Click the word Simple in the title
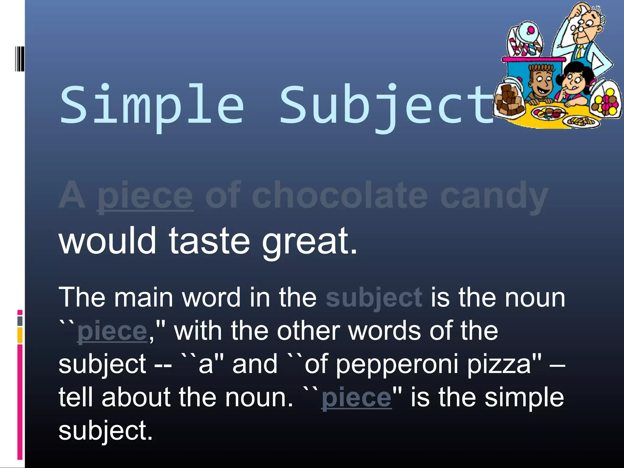[x=151, y=105]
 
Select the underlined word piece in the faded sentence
[x=145, y=196]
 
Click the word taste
[x=209, y=241]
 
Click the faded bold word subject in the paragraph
[x=374, y=298]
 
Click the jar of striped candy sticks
[x=525, y=41]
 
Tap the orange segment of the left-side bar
[x=20, y=335]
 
